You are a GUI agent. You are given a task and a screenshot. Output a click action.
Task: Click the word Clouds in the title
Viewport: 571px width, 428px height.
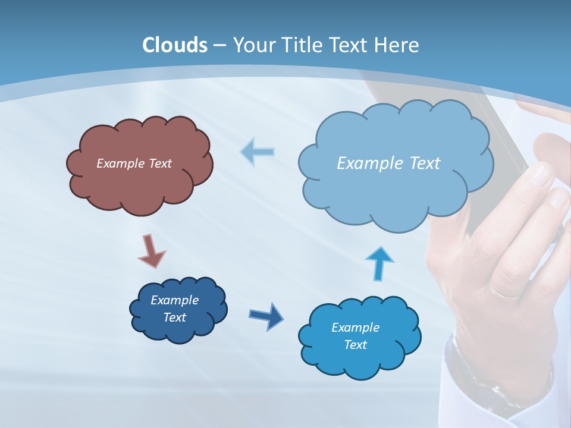click(x=175, y=45)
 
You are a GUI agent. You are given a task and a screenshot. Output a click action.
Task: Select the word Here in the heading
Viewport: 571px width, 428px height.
click(x=399, y=45)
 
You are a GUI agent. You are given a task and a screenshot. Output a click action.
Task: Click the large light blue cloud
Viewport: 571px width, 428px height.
click(x=396, y=190)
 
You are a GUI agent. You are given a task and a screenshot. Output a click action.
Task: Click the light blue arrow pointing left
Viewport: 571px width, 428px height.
click(x=258, y=152)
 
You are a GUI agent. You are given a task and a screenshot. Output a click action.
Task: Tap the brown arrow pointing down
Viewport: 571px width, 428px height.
click(x=151, y=251)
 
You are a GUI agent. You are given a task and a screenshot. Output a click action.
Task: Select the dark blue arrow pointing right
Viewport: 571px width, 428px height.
click(x=266, y=316)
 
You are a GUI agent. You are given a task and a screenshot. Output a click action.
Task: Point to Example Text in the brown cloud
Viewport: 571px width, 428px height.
click(x=134, y=163)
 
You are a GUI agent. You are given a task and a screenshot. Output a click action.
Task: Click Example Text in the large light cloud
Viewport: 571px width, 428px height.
click(x=388, y=163)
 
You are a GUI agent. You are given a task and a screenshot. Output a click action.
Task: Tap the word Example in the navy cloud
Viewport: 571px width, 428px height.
click(x=174, y=300)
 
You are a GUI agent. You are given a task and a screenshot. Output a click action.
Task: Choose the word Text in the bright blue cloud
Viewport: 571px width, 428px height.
click(x=355, y=345)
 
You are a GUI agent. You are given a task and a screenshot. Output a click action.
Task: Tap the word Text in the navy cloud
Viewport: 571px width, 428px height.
click(x=174, y=317)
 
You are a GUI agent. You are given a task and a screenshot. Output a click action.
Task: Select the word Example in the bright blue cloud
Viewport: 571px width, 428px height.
click(x=355, y=328)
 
